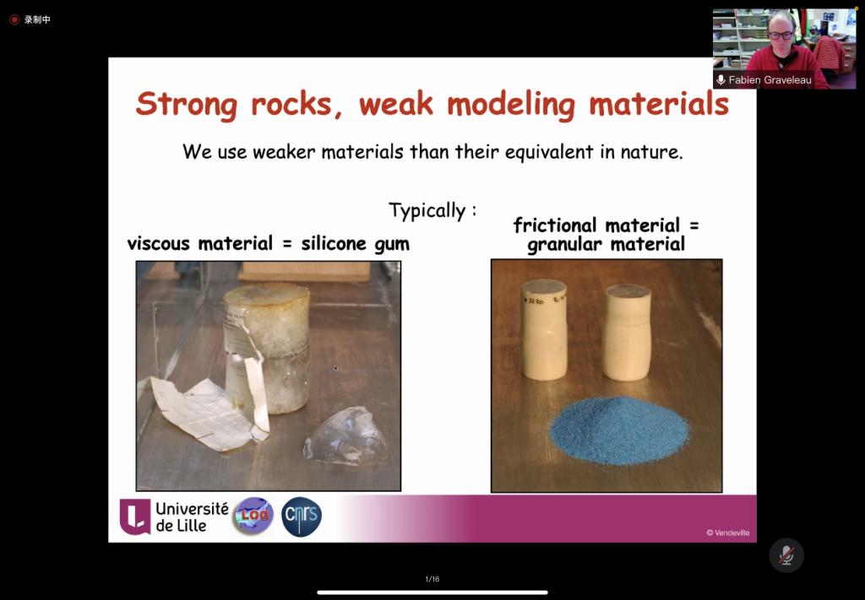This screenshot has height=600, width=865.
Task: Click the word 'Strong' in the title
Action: pyautogui.click(x=187, y=104)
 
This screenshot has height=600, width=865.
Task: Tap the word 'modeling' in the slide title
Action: pyautogui.click(x=511, y=104)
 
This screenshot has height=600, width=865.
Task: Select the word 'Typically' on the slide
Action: pyautogui.click(x=427, y=211)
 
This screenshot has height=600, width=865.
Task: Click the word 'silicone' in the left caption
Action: pyautogui.click(x=334, y=243)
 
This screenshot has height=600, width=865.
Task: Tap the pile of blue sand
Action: pyautogui.click(x=619, y=430)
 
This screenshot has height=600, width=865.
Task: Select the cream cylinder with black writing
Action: pyautogui.click(x=544, y=329)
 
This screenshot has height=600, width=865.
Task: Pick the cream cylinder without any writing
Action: pyautogui.click(x=626, y=332)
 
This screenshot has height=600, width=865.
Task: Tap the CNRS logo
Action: pyautogui.click(x=302, y=516)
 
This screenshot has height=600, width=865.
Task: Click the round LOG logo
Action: pyautogui.click(x=253, y=516)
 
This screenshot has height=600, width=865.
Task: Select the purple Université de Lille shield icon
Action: pyautogui.click(x=135, y=516)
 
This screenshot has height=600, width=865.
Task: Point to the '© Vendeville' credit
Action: pyautogui.click(x=727, y=532)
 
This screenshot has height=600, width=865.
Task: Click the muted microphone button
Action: pyautogui.click(x=786, y=555)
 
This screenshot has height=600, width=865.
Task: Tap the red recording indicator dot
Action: pyautogui.click(x=14, y=20)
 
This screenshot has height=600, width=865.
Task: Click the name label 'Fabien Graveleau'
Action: pyautogui.click(x=770, y=80)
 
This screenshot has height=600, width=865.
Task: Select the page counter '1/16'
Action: pyautogui.click(x=432, y=579)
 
